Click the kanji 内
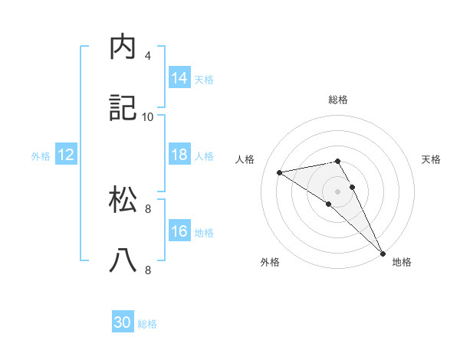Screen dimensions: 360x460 pyautogui.click(x=123, y=47)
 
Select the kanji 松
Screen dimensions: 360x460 pyautogui.click(x=123, y=199)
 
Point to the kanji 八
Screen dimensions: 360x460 pyautogui.click(x=123, y=260)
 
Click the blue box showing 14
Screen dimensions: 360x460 pyautogui.click(x=179, y=77)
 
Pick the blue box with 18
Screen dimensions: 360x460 pyautogui.click(x=179, y=155)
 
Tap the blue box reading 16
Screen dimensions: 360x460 pyautogui.click(x=179, y=231)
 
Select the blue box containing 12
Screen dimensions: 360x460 pyautogui.click(x=65, y=155)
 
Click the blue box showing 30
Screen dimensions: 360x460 pyautogui.click(x=123, y=322)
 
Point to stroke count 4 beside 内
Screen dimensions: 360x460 pyautogui.click(x=148, y=56)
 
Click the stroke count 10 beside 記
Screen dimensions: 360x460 pyautogui.click(x=148, y=116)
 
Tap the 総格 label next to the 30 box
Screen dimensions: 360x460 pyautogui.click(x=147, y=324)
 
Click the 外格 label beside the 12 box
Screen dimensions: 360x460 pyautogui.click(x=41, y=156)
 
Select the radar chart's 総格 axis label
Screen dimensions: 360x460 pyautogui.click(x=338, y=100)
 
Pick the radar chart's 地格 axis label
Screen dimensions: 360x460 pyautogui.click(x=402, y=262)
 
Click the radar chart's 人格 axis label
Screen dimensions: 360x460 pyautogui.click(x=245, y=159)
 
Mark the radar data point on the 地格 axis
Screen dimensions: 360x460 pyautogui.click(x=383, y=252)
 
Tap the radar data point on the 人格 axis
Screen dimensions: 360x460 pyautogui.click(x=280, y=172)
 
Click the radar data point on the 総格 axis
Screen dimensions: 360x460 pyautogui.click(x=338, y=162)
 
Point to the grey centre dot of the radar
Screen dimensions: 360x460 pyautogui.click(x=338, y=191)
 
